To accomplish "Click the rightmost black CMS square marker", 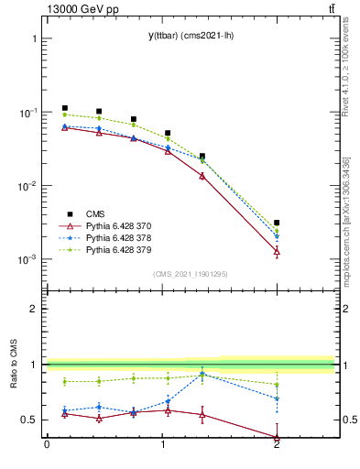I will (x=277, y=223).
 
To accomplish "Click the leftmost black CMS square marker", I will (x=65, y=108).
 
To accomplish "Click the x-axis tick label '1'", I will (x=162, y=446).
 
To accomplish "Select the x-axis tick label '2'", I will (x=277, y=446).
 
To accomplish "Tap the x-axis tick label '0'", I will (x=47, y=446).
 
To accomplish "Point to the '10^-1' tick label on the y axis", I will (x=28, y=113).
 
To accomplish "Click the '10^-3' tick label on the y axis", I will (x=28, y=259).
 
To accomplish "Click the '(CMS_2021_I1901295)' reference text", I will (x=191, y=274).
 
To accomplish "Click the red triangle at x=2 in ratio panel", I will (x=277, y=438).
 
